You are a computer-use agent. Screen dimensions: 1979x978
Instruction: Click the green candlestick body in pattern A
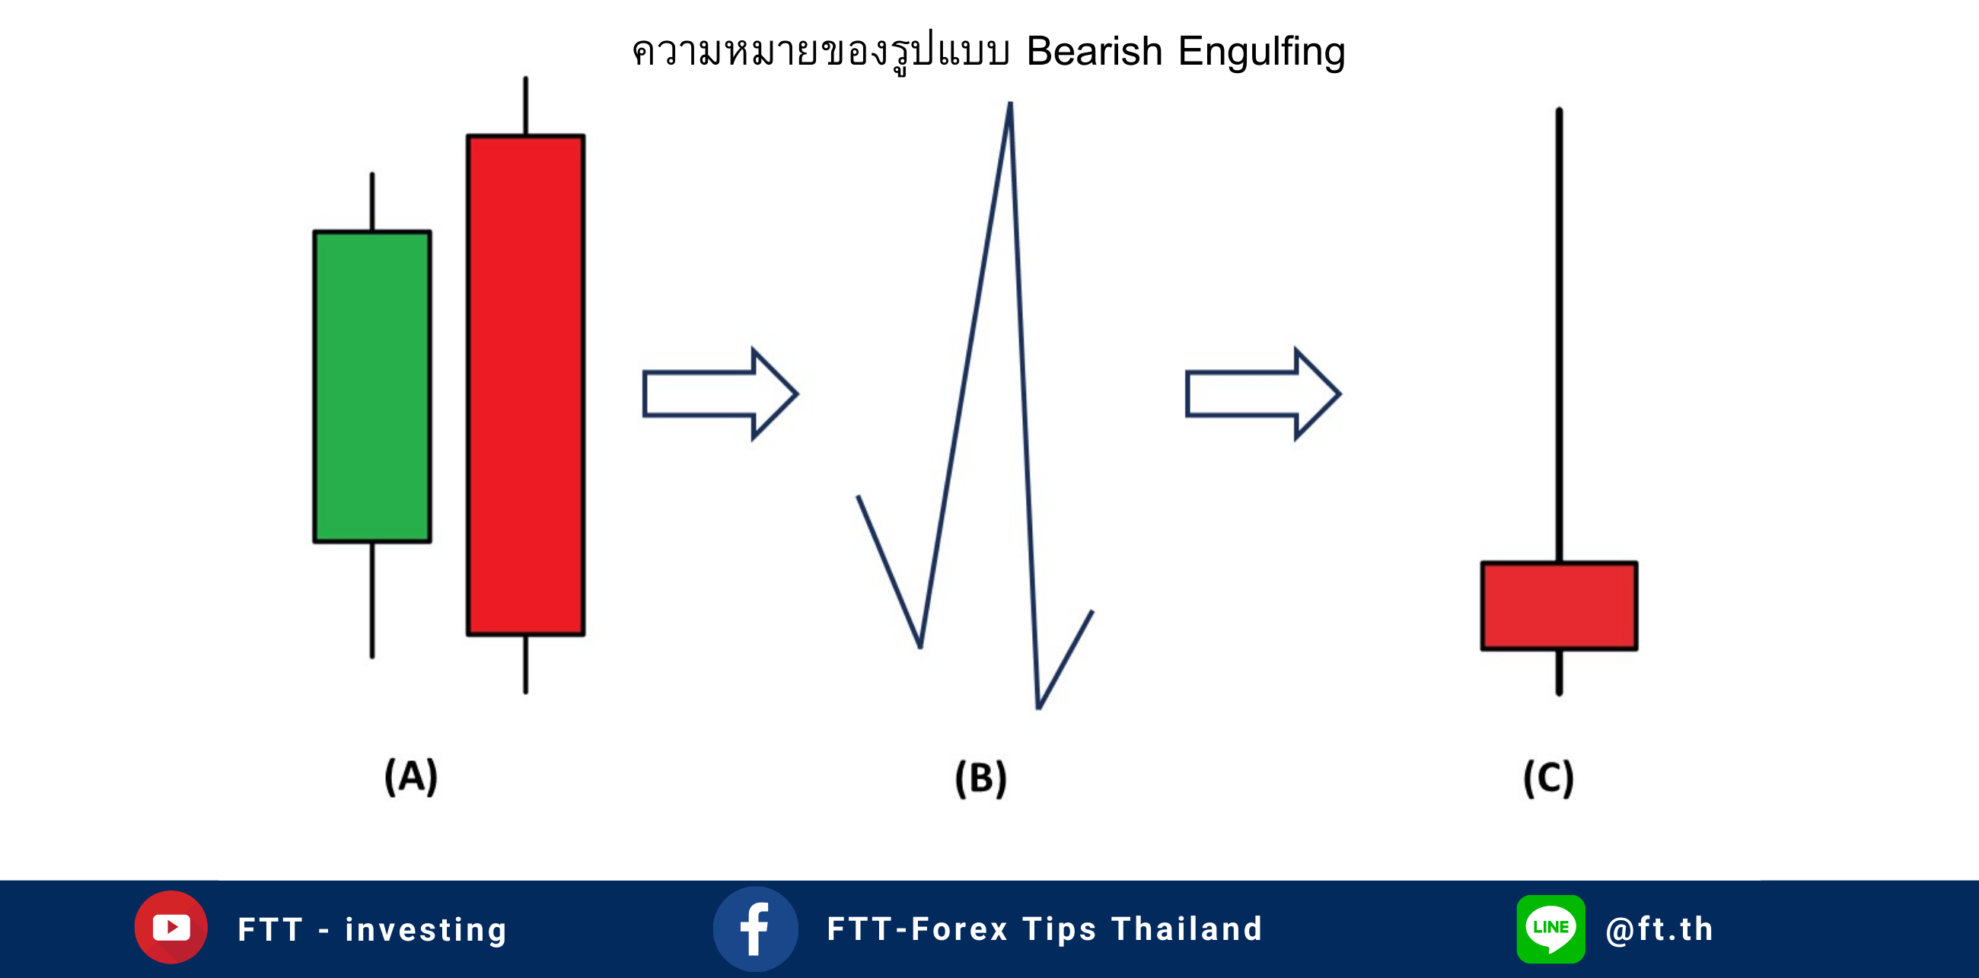372,387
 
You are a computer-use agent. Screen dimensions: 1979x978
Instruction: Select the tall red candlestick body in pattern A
525,385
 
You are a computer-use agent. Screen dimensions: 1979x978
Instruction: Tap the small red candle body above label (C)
1559,606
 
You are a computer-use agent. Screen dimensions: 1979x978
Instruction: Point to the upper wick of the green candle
373,201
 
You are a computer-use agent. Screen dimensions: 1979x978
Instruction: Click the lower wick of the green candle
373,600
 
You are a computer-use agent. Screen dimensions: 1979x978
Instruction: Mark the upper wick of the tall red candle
525,105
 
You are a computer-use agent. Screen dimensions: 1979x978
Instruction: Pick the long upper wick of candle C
1559,335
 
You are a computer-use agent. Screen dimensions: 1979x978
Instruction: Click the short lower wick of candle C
1559,673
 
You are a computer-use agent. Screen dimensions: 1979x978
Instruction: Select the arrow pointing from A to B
720,393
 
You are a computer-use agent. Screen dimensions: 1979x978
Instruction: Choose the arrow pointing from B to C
1263,393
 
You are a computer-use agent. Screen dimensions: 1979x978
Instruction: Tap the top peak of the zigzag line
1010,103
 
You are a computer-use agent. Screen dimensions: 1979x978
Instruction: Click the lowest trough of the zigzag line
1038,708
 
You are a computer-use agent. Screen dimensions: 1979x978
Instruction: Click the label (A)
411,776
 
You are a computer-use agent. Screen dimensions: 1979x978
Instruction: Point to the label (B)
980,779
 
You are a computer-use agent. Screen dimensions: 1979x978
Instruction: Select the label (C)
1548,779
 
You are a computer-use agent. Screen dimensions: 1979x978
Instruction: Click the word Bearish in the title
1094,52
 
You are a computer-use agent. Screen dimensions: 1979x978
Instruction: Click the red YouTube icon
171,927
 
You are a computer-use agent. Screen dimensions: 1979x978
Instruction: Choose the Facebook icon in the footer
755,929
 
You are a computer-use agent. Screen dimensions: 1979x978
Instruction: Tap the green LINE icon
1550,929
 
